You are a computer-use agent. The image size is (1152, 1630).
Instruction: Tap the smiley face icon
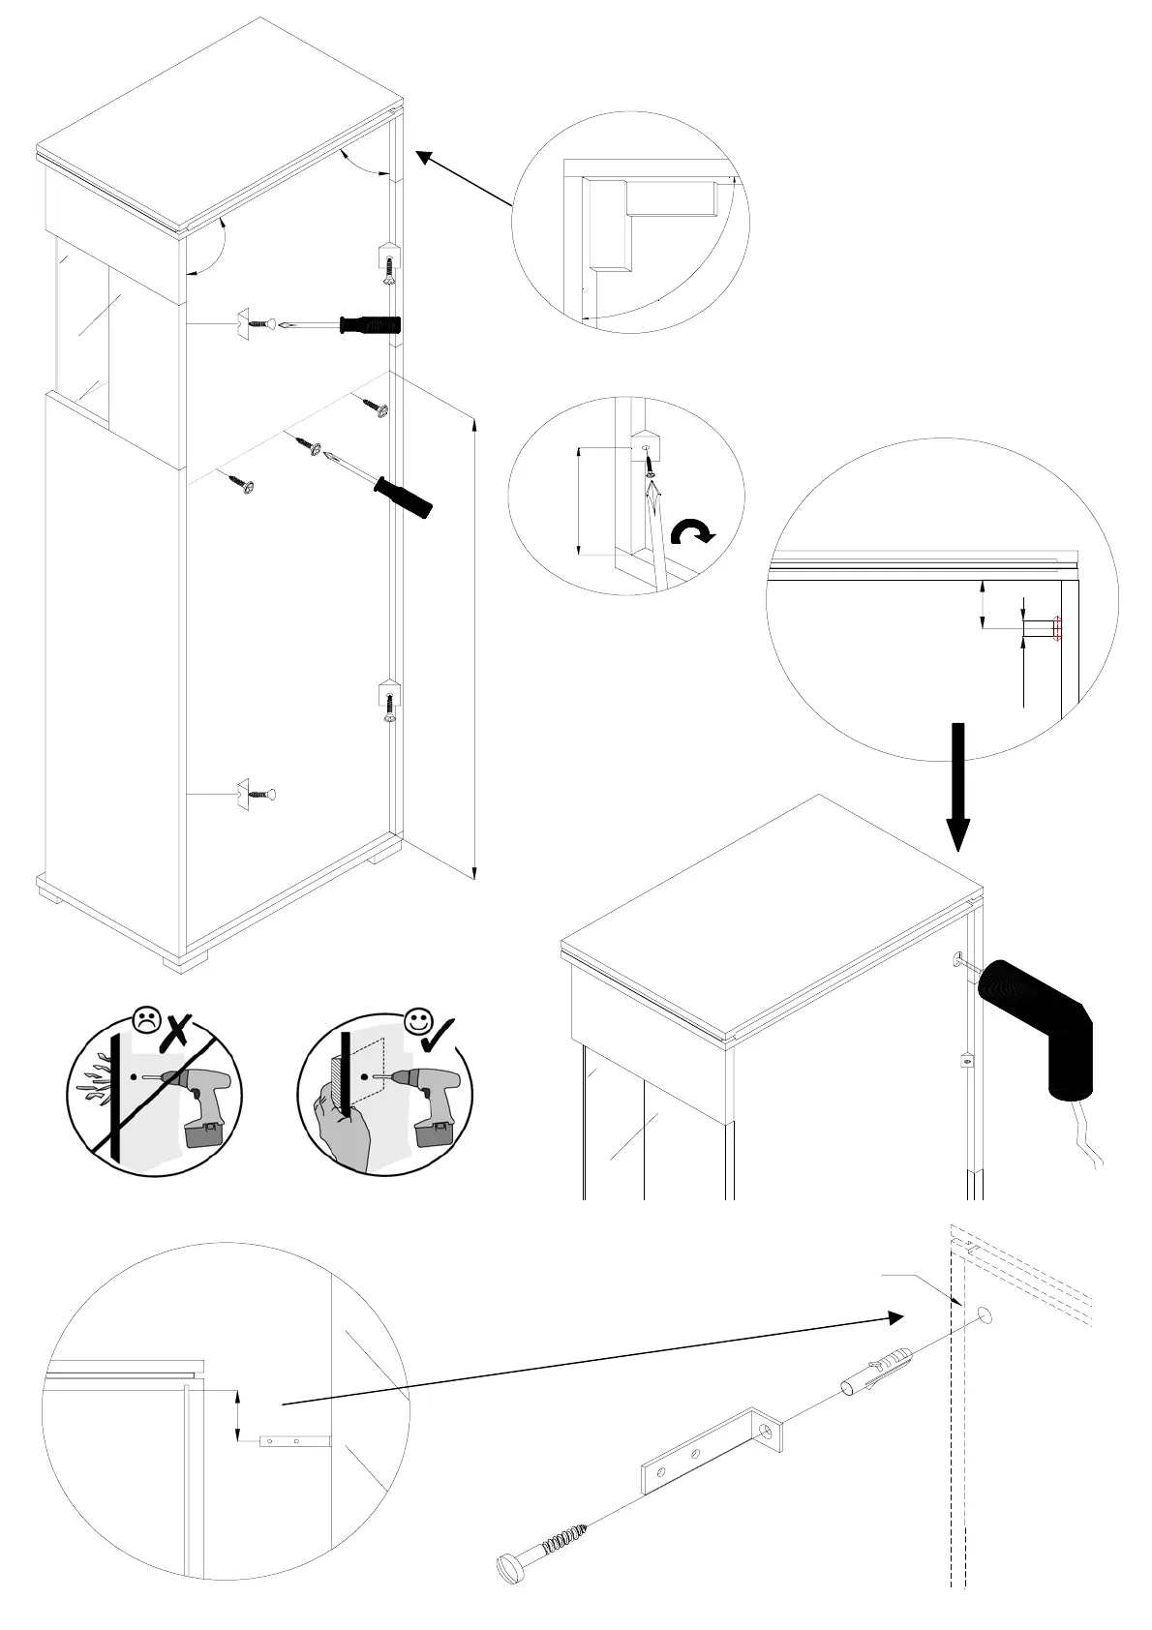tap(418, 1021)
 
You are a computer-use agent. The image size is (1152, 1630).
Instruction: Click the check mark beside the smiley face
tap(444, 1032)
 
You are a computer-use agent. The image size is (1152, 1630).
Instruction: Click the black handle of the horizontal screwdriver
tap(369, 325)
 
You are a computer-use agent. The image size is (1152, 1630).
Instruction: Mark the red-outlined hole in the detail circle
tap(1056, 629)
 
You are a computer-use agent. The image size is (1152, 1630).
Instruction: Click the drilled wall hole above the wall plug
tap(985, 1314)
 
